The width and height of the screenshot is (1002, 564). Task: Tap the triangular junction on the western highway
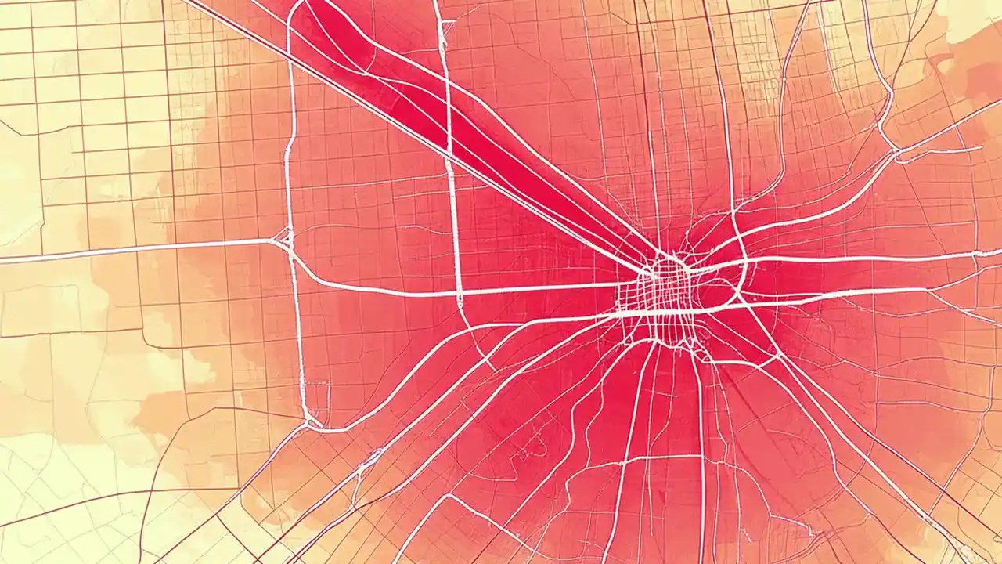tap(283, 237)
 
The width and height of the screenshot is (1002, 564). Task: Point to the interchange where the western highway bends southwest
tap(313, 423)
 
